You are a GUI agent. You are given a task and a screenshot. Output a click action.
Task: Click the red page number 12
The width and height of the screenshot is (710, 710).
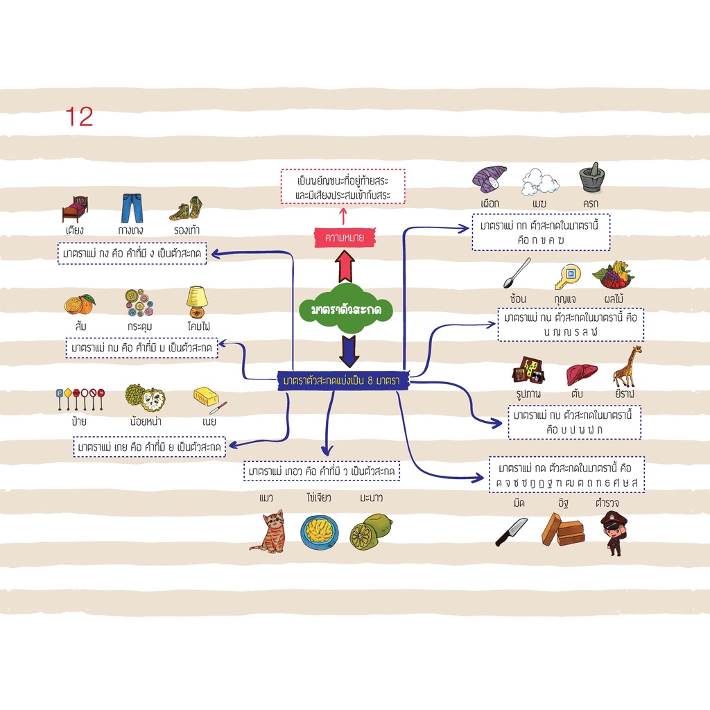point(79,116)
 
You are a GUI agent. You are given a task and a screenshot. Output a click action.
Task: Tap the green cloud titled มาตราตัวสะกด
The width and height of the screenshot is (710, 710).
point(346,309)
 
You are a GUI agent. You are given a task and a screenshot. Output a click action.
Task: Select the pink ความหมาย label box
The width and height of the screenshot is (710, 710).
point(345,237)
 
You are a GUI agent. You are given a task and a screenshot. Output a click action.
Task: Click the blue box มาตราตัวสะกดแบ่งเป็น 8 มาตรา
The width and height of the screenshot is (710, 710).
point(343,381)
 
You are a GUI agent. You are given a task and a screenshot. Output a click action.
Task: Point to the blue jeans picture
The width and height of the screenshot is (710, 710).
point(132,208)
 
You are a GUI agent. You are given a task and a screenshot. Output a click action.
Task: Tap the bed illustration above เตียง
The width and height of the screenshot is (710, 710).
point(75,209)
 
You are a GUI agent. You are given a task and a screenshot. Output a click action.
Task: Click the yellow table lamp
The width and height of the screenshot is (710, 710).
point(197,302)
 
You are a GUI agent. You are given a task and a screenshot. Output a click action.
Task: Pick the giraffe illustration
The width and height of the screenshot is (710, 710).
point(627,366)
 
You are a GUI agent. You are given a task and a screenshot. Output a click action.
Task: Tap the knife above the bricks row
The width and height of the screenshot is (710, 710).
point(511,532)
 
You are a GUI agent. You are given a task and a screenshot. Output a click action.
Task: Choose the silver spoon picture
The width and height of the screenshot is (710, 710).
point(517,273)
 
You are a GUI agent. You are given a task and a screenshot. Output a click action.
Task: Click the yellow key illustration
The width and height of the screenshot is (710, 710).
point(567,277)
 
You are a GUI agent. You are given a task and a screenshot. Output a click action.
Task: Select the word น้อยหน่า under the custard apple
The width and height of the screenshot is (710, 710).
point(146,422)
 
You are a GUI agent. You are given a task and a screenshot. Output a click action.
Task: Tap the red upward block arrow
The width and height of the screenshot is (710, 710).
point(345,266)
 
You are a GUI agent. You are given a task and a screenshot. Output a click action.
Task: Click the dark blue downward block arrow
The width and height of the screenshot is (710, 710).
point(349,352)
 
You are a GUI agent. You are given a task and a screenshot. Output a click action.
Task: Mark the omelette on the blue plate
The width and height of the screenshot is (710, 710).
point(320,532)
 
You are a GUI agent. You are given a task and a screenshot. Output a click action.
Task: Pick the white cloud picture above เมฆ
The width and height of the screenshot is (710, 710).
point(539,182)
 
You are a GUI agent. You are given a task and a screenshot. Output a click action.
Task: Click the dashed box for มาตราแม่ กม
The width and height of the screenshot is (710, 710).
point(141,348)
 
